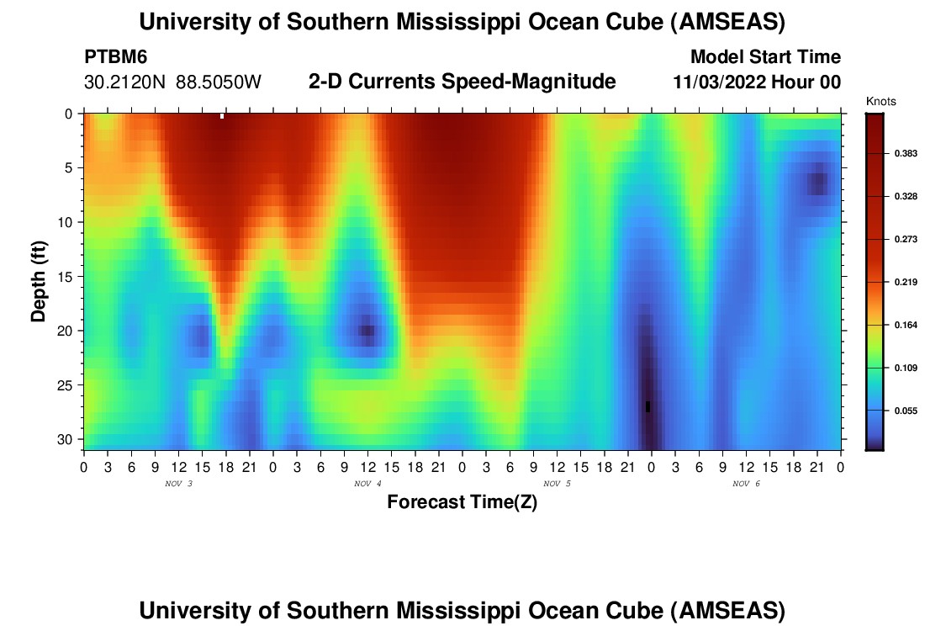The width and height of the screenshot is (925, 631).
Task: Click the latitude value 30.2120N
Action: coord(127,82)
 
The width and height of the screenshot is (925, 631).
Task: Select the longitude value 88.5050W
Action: coord(219,82)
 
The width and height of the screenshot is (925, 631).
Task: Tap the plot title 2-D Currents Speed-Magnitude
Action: coord(462,82)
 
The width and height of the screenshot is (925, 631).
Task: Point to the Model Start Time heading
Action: coord(764,57)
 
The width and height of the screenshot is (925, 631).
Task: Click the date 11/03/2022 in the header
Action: coord(715,82)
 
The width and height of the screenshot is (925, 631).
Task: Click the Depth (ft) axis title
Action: coord(38,277)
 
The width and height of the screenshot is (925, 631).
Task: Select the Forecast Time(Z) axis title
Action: coord(462,502)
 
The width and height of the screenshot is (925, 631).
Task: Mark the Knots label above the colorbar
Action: coord(880,102)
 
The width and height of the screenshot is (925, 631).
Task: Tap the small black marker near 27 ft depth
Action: coord(647,407)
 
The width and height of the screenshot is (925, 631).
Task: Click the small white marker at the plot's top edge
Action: coord(222,116)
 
